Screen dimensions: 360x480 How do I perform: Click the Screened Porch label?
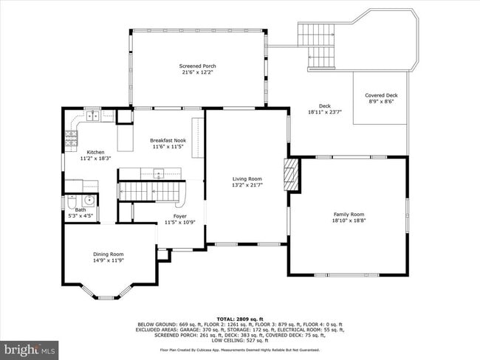(x=197, y=66)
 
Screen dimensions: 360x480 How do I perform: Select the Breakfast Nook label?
(x=168, y=140)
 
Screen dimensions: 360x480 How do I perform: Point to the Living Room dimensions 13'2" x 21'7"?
(x=247, y=184)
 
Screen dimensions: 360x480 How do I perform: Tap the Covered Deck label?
(x=381, y=95)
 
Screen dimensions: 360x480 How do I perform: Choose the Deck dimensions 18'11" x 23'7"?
(x=324, y=111)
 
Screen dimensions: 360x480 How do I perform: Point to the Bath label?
(x=80, y=210)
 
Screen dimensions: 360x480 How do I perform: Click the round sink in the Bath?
(x=89, y=199)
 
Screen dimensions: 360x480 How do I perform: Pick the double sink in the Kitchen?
(x=92, y=116)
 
